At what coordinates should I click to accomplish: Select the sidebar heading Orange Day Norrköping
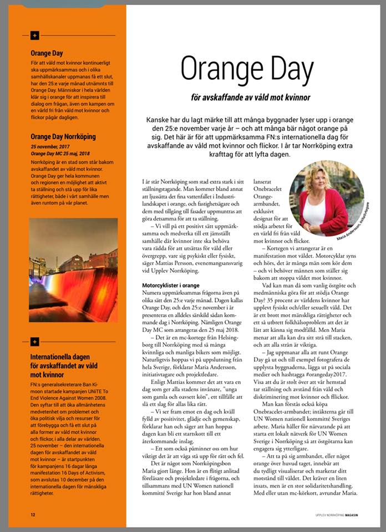point(63,136)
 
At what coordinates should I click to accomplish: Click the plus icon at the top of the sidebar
point(35,35)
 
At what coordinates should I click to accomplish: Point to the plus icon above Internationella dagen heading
point(35,341)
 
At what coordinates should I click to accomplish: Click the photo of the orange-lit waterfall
point(73,269)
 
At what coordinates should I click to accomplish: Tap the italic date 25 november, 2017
point(52,146)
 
